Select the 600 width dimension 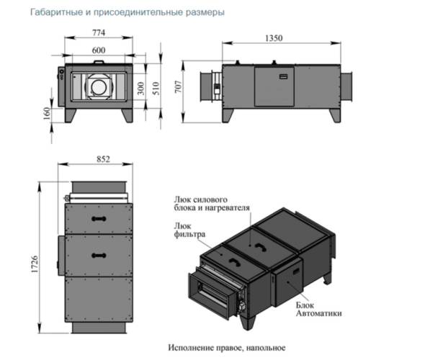click(x=99, y=50)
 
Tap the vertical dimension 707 click(x=181, y=88)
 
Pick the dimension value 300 click(x=141, y=89)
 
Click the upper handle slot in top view click(x=97, y=215)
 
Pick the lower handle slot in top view click(x=97, y=255)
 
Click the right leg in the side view click(x=334, y=114)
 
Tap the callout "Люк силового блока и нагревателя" click(x=211, y=203)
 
